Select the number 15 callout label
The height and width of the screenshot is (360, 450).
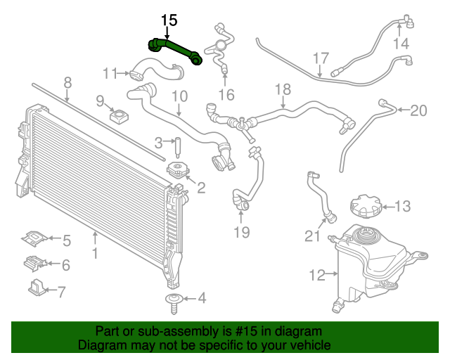[x=169, y=20]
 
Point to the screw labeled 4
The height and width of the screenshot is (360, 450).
[x=173, y=302]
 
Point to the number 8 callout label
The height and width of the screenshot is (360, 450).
[x=67, y=83]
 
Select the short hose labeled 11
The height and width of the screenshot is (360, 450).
[x=156, y=70]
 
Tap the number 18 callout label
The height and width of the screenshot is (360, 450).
[x=282, y=89]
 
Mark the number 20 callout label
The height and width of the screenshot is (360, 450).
[x=418, y=110]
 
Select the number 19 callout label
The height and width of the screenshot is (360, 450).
[x=241, y=233]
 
